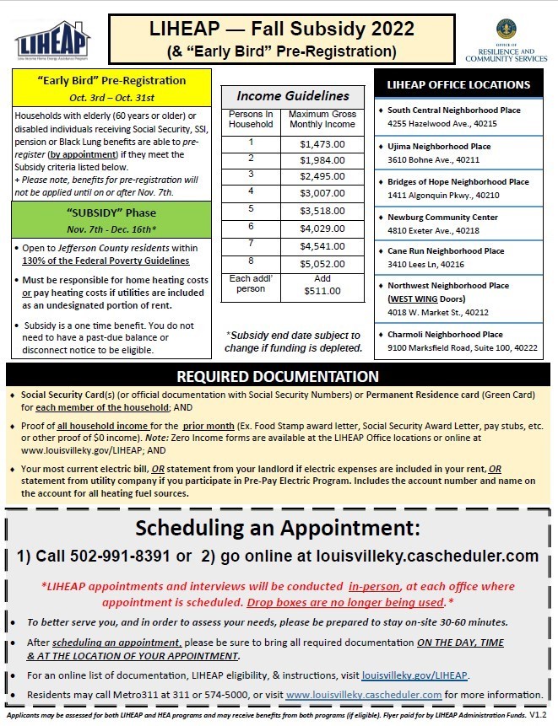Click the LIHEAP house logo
pyautogui.click(x=52, y=41)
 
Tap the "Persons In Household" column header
pyautogui.click(x=251, y=119)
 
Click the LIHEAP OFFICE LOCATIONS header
pyautogui.click(x=458, y=84)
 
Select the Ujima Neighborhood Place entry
pyautogui.click(x=439, y=146)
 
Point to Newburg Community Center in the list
pyautogui.click(x=442, y=217)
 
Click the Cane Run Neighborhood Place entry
pyautogui.click(x=446, y=250)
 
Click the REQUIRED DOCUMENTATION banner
pyautogui.click(x=278, y=376)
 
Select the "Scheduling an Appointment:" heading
pyautogui.click(x=279, y=529)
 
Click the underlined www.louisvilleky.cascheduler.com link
pyautogui.click(x=364, y=695)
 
